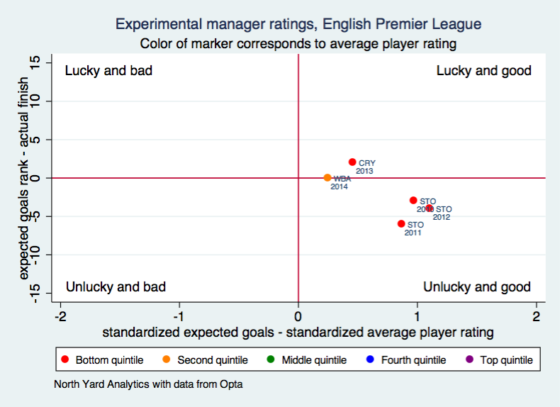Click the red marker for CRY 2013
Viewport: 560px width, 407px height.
tap(352, 162)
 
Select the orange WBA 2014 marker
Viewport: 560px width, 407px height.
tap(327, 178)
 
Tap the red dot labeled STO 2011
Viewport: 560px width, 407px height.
tap(401, 224)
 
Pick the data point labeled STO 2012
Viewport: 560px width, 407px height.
tap(430, 208)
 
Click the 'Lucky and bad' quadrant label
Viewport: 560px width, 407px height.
tap(108, 71)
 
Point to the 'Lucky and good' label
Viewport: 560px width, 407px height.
tap(483, 71)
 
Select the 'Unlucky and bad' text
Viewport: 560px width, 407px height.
tap(116, 287)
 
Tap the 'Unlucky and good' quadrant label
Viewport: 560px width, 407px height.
tap(476, 287)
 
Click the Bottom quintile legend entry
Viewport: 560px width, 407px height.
tap(103, 360)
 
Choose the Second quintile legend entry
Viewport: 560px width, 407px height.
tap(205, 360)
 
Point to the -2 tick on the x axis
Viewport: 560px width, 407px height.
tap(61, 316)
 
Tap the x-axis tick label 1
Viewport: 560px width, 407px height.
tap(417, 316)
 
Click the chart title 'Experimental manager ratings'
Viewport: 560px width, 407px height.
tap(298, 24)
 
